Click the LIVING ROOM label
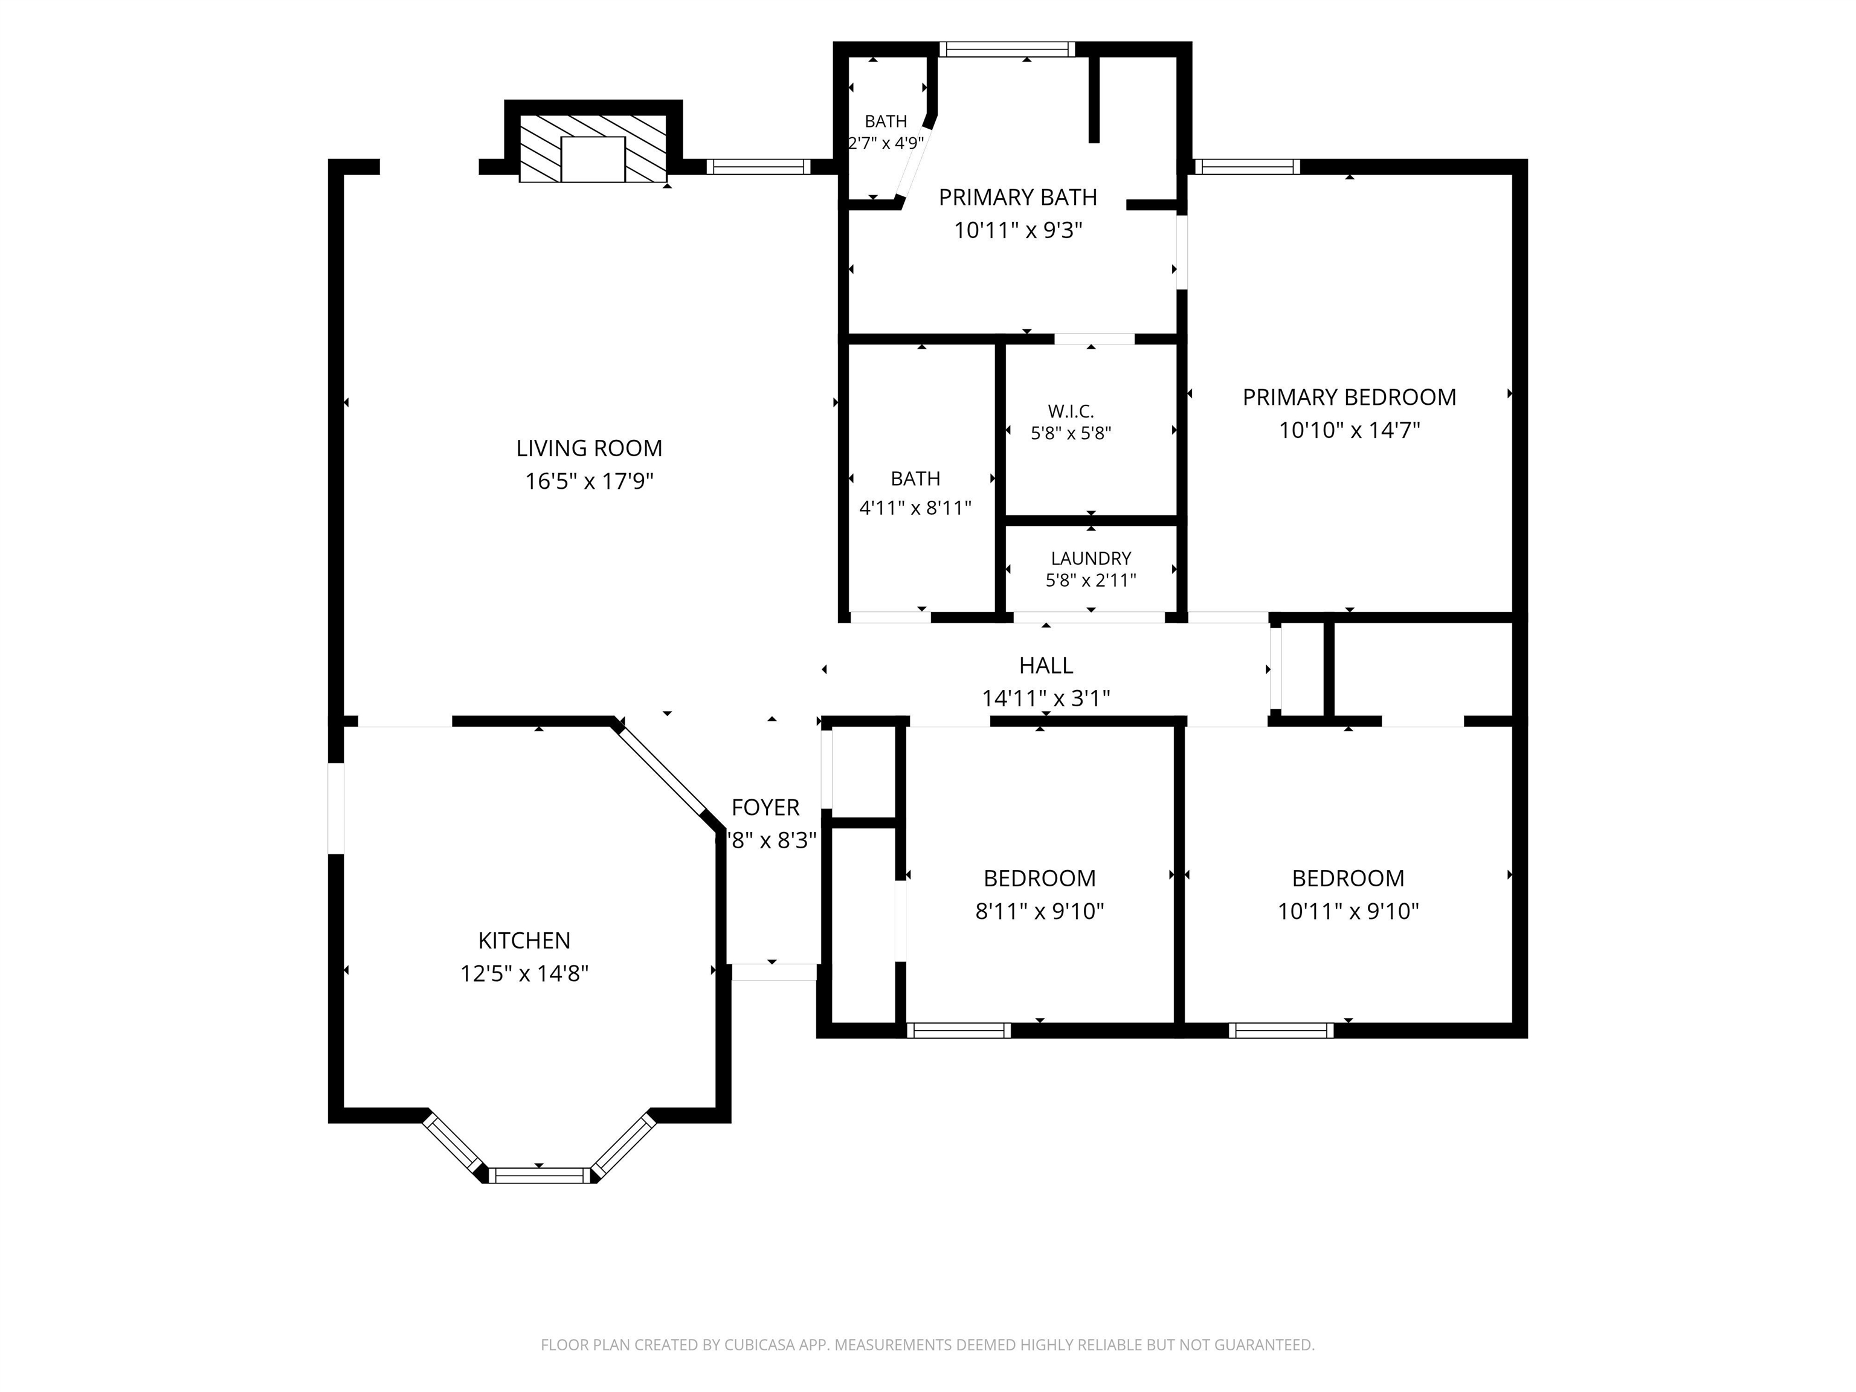589,449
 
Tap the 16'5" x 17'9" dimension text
589,482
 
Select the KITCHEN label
524,941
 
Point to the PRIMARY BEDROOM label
1349,398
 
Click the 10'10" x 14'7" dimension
1349,430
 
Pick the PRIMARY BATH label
1018,197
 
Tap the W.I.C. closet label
1071,411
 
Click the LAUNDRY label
1091,558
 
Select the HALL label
1045,665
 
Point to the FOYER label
765,807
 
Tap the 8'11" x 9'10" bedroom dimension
1040,911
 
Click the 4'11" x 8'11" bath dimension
915,507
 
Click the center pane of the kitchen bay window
540,1174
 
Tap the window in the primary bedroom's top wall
1247,166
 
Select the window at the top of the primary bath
1007,50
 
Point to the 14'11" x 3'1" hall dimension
1045,698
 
